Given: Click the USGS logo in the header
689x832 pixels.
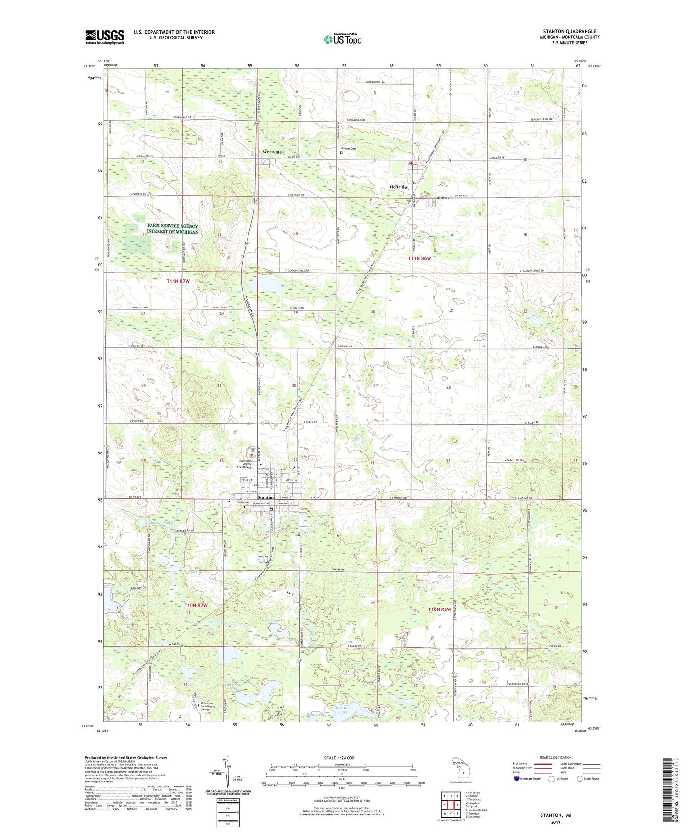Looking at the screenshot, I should point(105,37).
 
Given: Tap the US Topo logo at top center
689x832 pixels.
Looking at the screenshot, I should point(342,39).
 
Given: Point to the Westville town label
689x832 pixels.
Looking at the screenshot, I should point(271,152).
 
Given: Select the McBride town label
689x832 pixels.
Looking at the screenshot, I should point(398,187).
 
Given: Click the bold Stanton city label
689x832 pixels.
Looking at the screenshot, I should point(265,497).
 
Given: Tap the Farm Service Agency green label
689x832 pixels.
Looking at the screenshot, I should point(173,229).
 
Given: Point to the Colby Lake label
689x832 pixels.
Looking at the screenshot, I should point(274,620).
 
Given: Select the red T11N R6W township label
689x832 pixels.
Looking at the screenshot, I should point(420,258).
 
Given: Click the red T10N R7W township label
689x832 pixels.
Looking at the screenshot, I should point(196,605).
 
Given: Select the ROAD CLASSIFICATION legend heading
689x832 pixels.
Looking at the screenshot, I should point(556,758).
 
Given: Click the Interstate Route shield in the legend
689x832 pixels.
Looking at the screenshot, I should point(517,779).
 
